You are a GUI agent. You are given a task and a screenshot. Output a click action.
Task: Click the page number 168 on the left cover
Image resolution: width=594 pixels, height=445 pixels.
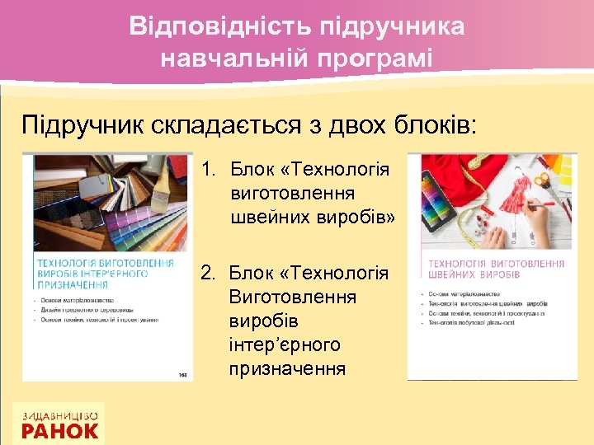click(x=182, y=374)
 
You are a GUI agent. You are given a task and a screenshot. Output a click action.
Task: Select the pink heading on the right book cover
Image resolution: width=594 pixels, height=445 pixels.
click(x=493, y=269)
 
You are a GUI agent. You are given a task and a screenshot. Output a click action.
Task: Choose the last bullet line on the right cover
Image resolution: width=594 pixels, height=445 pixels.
click(x=467, y=323)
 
